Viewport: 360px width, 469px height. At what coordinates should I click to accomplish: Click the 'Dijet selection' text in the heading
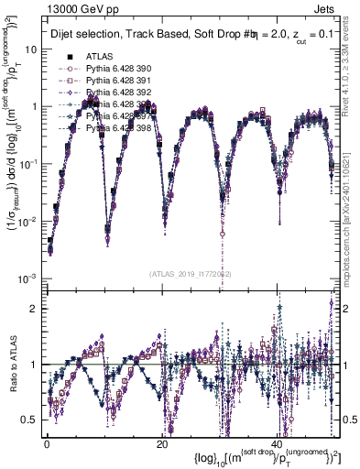click(x=84, y=34)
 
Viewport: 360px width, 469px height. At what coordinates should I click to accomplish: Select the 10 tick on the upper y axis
click(x=30, y=49)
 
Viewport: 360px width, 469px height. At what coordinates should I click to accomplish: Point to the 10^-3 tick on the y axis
click(x=27, y=278)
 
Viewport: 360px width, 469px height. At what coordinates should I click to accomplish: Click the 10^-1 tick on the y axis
click(x=27, y=164)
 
